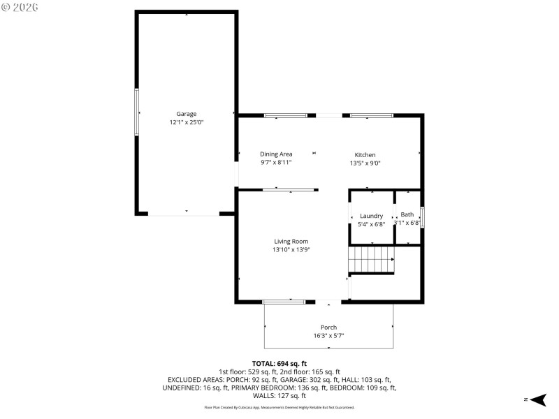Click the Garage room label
(186, 114)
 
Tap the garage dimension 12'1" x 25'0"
(186, 122)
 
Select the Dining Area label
(276, 154)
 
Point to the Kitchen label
(365, 155)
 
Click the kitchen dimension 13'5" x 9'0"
(365, 163)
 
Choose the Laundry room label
(371, 216)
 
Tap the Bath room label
(407, 214)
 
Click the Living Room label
(291, 242)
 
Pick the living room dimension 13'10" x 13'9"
(291, 250)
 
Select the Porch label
(328, 328)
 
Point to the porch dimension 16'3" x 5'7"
(328, 336)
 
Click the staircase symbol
(372, 260)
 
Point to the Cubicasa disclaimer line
(279, 407)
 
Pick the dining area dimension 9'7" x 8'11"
(276, 162)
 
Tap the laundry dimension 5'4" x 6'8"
(371, 224)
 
